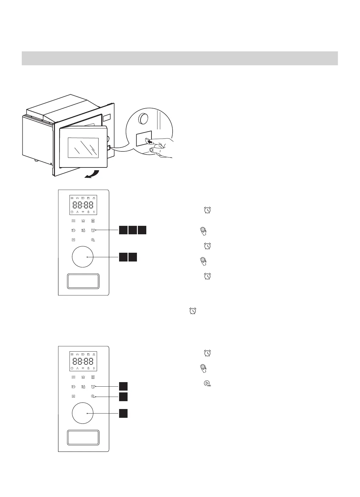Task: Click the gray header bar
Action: [x=180, y=58]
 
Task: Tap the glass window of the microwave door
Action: [x=83, y=148]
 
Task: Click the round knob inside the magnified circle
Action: [x=144, y=119]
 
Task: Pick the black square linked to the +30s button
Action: [x=123, y=397]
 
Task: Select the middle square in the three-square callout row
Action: [x=132, y=230]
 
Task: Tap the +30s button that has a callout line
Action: [x=93, y=396]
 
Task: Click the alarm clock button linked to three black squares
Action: [x=93, y=230]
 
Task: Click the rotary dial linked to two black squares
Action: [x=83, y=257]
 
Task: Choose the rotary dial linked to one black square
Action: [x=83, y=413]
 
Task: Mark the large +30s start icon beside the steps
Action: [x=207, y=384]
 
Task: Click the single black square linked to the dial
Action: [x=123, y=413]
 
